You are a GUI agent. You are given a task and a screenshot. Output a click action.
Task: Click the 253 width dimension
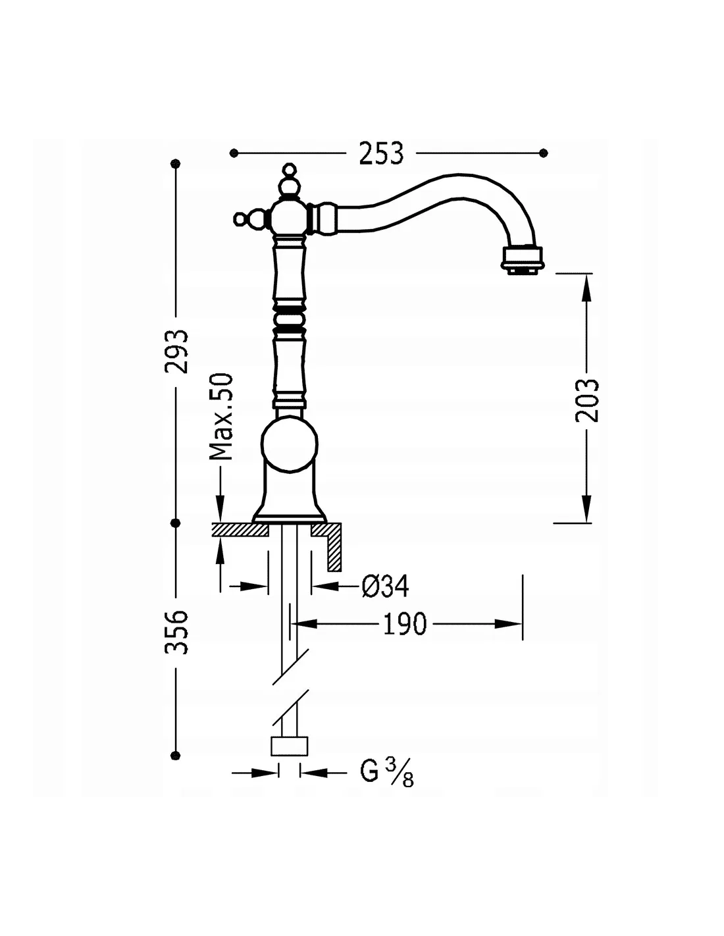(382, 153)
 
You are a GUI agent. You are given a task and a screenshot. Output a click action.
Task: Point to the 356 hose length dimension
(176, 631)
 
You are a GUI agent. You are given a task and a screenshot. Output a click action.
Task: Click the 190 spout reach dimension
(405, 623)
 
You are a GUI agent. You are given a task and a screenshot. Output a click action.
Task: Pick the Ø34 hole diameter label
(385, 586)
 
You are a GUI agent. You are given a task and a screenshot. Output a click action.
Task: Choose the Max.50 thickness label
(221, 417)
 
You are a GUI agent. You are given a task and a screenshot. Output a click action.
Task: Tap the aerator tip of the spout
(522, 260)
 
